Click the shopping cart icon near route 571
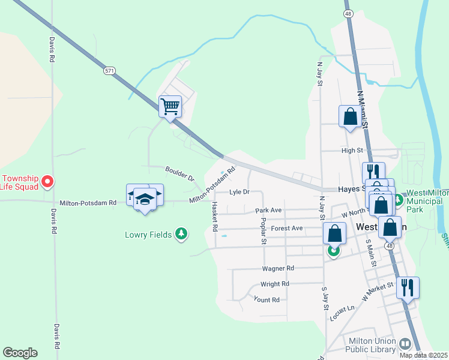coord(170,107)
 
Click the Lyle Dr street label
coord(238,192)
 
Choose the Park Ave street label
coord(268,211)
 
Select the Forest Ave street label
coord(286,228)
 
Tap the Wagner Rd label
coord(277,268)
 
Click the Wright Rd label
coord(274,284)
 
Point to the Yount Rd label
coord(267,299)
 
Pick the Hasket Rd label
coord(214,217)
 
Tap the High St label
coord(352,151)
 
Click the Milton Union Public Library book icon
coord(405,344)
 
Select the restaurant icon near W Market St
coord(408,287)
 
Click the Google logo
coord(20,353)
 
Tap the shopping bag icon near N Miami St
coord(350,116)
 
